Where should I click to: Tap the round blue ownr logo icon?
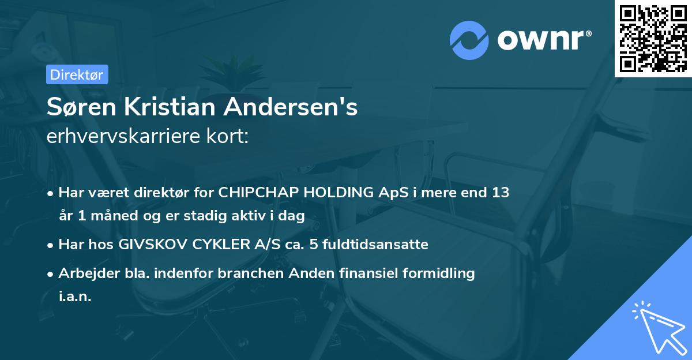[x=469, y=40]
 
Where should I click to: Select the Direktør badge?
[x=77, y=74]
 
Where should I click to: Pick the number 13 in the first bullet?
[x=499, y=193]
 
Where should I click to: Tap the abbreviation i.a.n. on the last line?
[x=75, y=297]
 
